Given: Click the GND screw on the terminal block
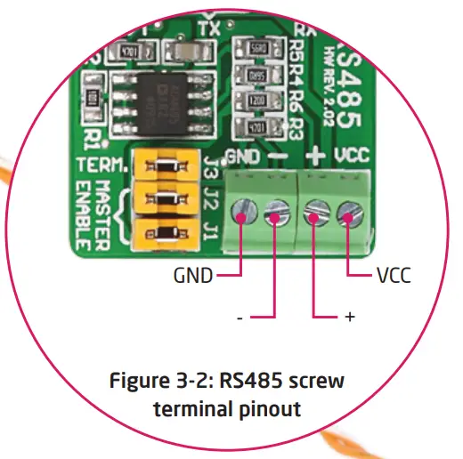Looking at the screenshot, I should [x=242, y=212].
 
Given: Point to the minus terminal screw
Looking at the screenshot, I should [x=276, y=212].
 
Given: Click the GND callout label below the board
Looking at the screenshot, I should [x=192, y=276].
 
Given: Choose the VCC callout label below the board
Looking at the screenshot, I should [x=393, y=276].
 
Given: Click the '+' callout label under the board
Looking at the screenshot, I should [x=349, y=317].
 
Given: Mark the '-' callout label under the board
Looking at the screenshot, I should [x=240, y=317].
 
